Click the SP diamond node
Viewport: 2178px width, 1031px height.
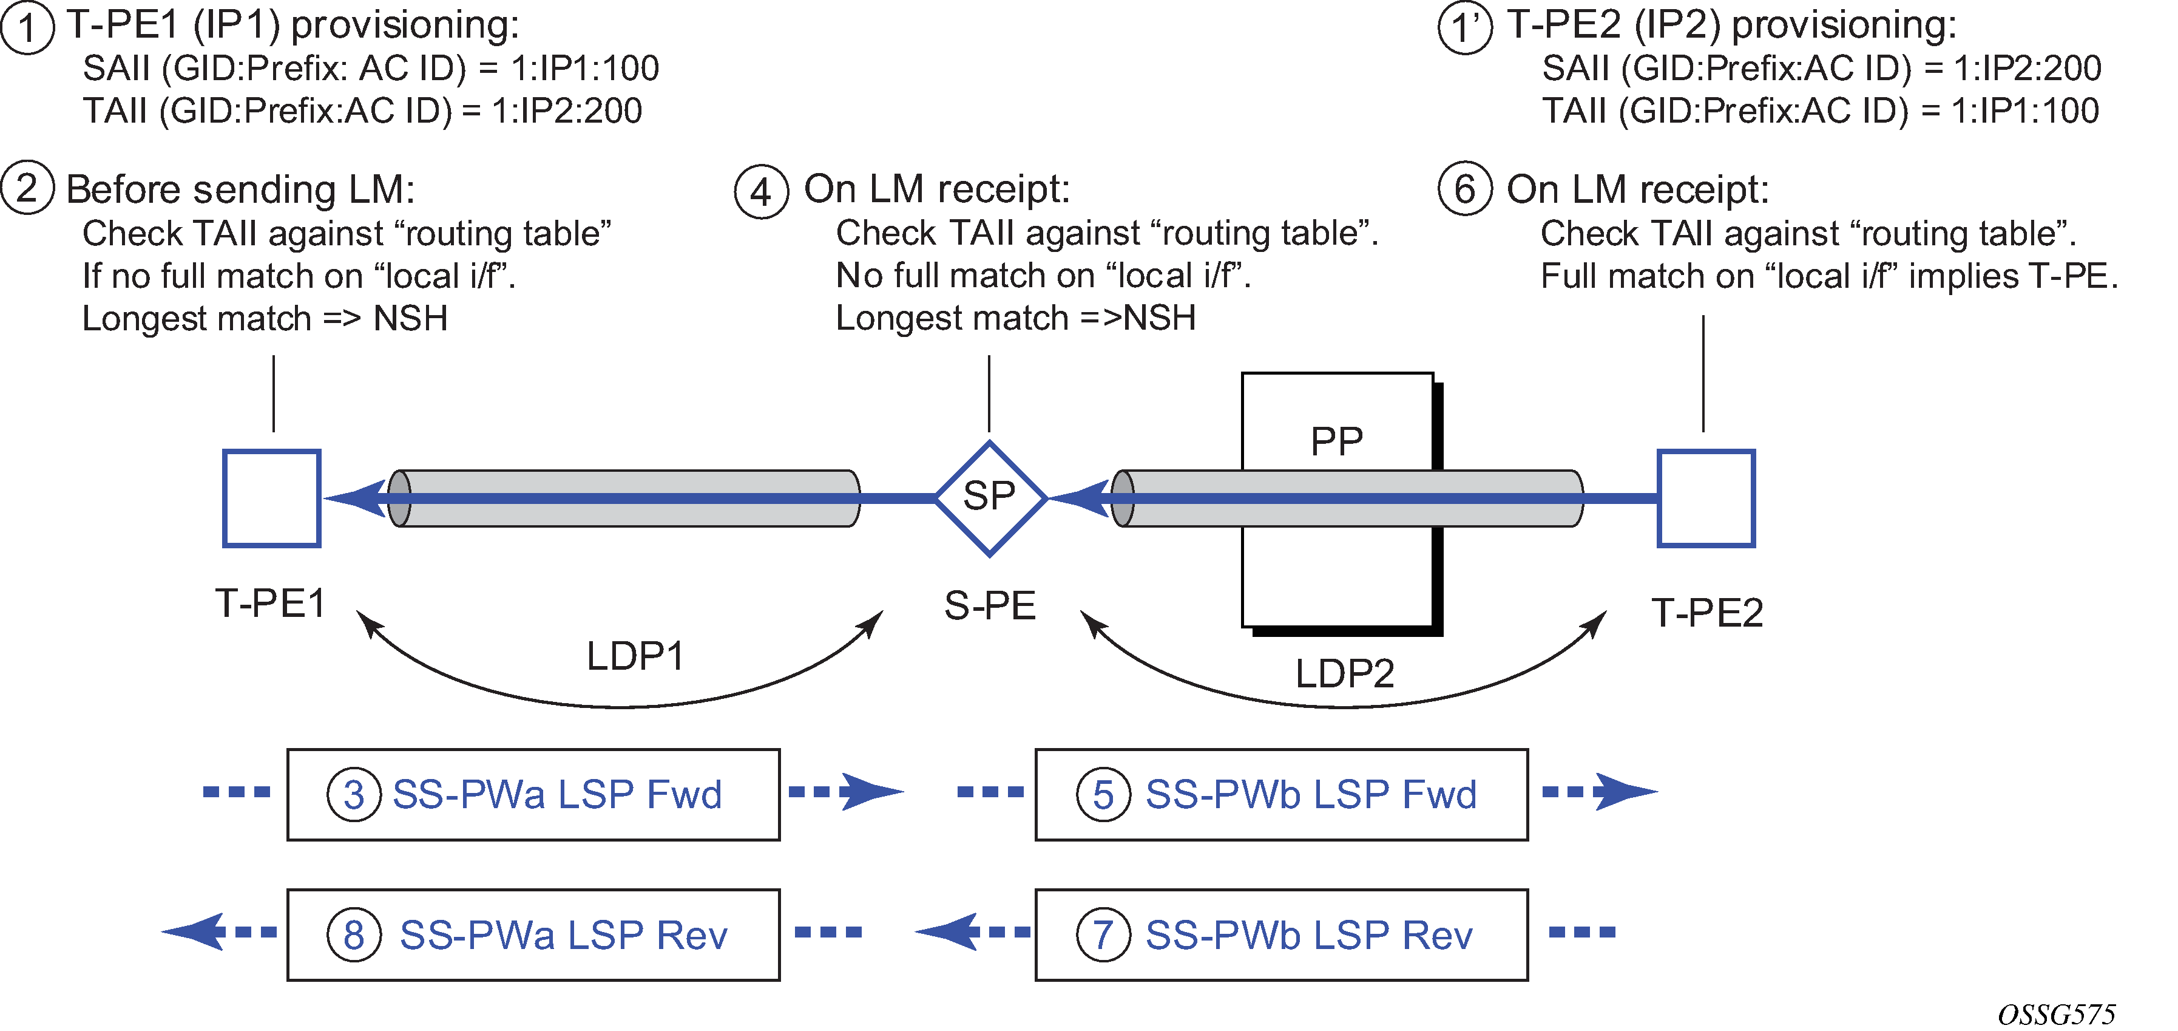point(990,498)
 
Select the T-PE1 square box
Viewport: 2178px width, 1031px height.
point(271,498)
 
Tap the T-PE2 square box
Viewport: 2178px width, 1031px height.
point(1705,498)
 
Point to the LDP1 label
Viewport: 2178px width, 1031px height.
point(635,656)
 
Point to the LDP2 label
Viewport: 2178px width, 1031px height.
point(1344,674)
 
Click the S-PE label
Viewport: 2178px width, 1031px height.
point(990,605)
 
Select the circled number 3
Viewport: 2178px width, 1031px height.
point(353,795)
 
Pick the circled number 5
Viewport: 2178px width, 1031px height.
point(1103,795)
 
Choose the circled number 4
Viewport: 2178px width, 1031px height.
point(761,191)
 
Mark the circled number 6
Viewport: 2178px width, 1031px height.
point(1464,189)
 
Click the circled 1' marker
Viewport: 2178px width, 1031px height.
point(1464,27)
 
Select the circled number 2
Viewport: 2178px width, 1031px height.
point(27,189)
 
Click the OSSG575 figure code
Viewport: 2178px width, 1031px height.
point(2056,1014)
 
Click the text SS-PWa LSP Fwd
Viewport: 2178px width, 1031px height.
point(557,795)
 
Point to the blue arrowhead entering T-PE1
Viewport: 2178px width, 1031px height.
point(355,498)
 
